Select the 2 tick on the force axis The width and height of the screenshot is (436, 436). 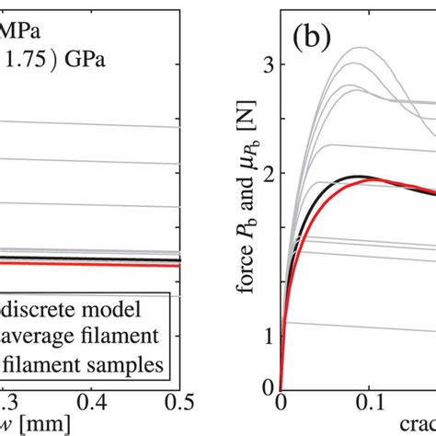270,173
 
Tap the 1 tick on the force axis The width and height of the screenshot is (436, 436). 270,336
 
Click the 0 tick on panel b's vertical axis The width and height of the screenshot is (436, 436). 270,387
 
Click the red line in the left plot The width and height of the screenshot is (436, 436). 92,263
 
